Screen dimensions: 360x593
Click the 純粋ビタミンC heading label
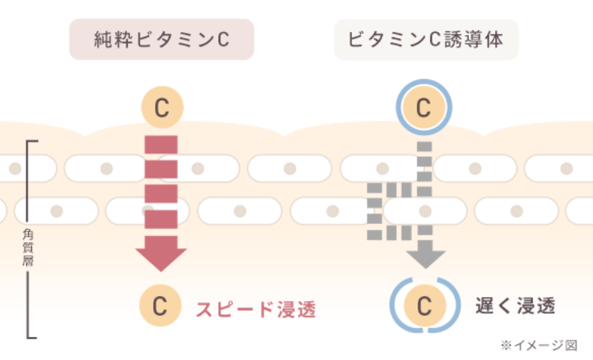point(161,39)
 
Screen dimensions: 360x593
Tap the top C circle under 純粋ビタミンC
point(161,107)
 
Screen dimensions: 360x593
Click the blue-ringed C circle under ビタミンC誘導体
point(424,108)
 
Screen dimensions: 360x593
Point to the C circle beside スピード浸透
point(159,306)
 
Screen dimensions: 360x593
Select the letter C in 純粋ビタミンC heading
point(223,39)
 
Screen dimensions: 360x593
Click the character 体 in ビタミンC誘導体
point(494,39)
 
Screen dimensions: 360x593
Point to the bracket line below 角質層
point(28,306)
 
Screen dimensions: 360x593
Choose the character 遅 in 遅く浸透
point(485,305)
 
